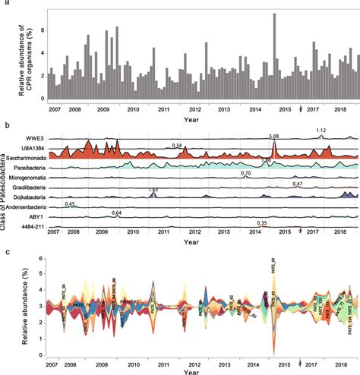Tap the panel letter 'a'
pos(5,5)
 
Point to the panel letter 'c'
pos(5,251)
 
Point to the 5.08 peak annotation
pos(274,136)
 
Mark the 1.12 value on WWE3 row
pos(321,131)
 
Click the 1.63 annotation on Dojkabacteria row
pos(153,189)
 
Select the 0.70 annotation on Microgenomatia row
pos(245,174)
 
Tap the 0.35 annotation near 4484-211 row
pos(262,222)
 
